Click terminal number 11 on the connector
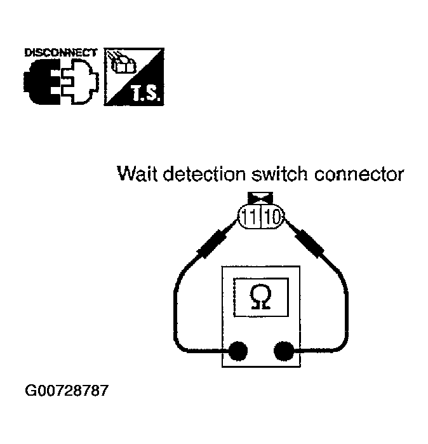point(251,219)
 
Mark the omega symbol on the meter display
point(260,297)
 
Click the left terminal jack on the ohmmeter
point(237,349)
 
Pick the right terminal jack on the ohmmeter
point(283,349)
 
